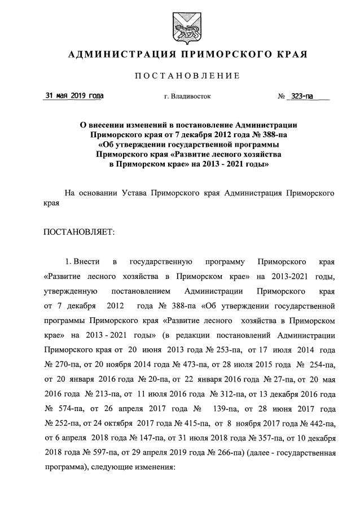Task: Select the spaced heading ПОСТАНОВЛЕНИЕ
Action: pos(180,76)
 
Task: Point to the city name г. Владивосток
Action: pos(187,97)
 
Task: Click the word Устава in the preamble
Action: pos(136,193)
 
